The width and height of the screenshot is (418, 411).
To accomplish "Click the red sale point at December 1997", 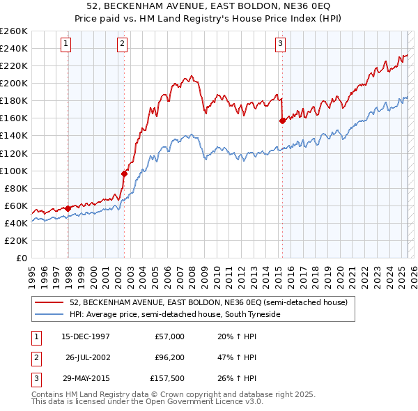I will tap(68, 208).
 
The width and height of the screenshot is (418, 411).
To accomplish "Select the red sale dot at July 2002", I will tap(124, 173).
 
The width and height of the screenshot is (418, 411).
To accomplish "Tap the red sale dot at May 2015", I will tap(282, 121).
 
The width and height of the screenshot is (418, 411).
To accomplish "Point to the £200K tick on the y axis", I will tap(14, 83).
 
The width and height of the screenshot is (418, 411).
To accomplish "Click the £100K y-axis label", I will tap(14, 171).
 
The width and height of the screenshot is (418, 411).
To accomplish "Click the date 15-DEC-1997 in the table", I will tap(86, 336).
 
